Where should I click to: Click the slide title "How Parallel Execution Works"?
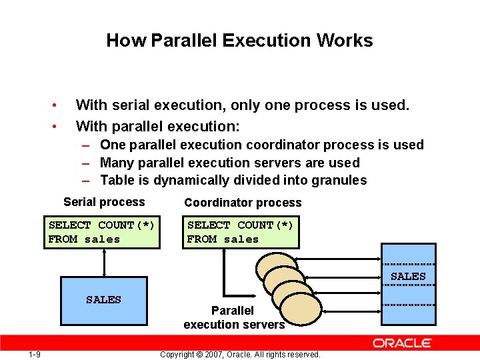[239, 41]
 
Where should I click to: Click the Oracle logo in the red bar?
[402, 343]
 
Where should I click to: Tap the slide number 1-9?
[35, 354]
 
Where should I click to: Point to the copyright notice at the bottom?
[240, 354]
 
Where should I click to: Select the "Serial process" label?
[104, 202]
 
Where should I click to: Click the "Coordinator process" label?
[243, 203]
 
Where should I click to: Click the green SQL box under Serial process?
[102, 233]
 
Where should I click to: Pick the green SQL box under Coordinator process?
[241, 233]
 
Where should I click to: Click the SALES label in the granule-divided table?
[408, 276]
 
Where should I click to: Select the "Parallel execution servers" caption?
[233, 317]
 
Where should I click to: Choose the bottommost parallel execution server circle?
[301, 309]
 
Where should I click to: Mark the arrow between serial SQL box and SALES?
[104, 263]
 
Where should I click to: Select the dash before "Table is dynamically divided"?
[87, 180]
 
